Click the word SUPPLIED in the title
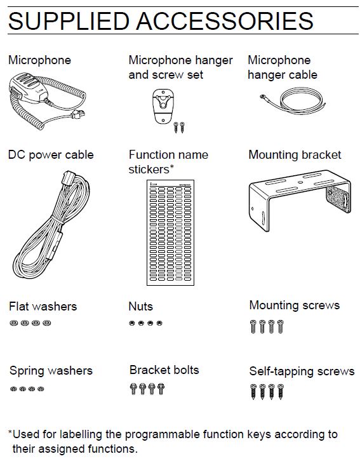tap(69, 21)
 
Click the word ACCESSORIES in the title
tap(225, 21)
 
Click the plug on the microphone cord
tap(77, 114)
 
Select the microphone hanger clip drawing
tap(163, 107)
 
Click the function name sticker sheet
tap(170, 232)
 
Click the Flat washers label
tap(43, 306)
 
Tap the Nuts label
tap(141, 306)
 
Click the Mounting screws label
tap(295, 306)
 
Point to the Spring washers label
tap(51, 371)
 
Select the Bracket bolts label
tap(164, 370)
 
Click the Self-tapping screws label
tap(302, 371)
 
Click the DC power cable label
tap(51, 155)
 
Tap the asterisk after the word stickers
tap(172, 166)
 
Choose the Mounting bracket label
tap(295, 155)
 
